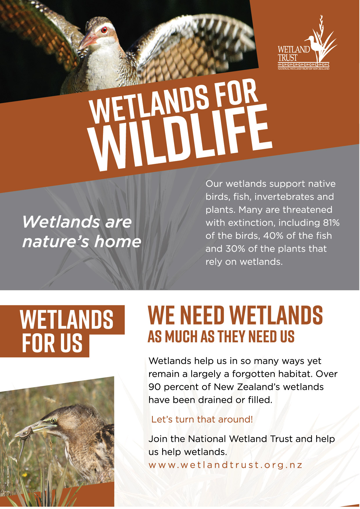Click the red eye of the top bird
click(x=104, y=30)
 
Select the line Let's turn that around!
click(x=202, y=419)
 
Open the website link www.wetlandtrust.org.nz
click(x=226, y=465)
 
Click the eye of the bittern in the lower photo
click(x=53, y=421)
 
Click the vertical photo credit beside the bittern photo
click(x=8, y=476)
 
